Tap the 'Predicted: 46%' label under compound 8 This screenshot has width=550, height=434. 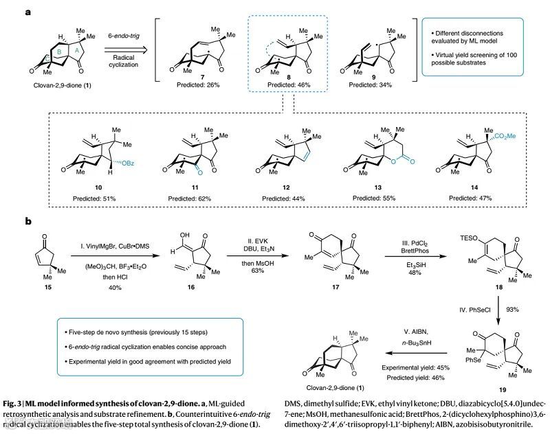click(280, 86)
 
